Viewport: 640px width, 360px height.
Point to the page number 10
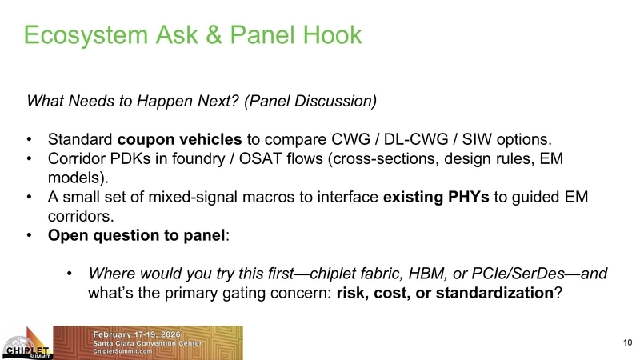click(x=626, y=343)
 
